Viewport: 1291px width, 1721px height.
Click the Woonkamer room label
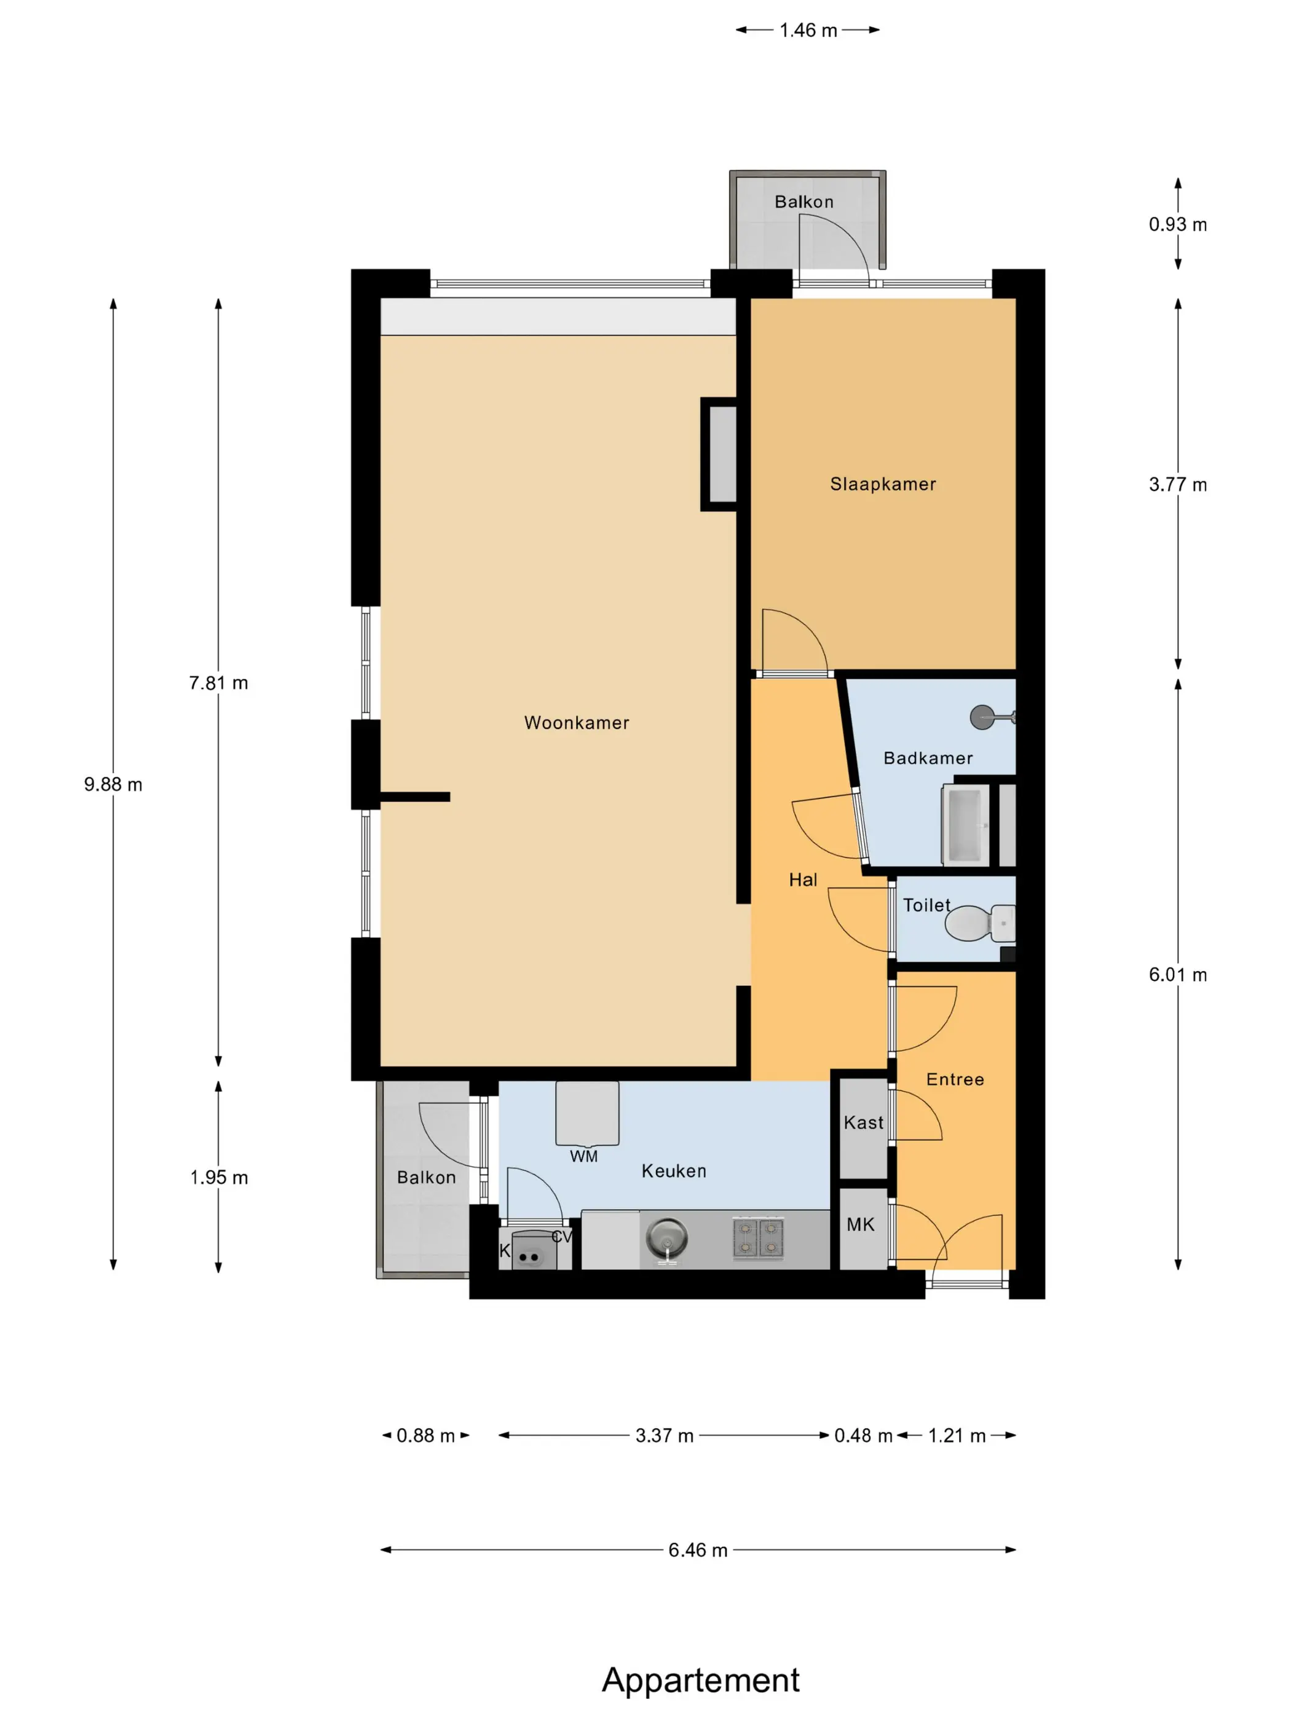click(577, 723)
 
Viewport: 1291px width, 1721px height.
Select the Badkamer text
click(928, 758)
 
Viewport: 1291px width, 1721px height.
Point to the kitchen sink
click(667, 1238)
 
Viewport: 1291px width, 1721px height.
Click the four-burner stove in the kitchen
click(758, 1238)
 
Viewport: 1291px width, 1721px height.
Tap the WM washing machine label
click(583, 1156)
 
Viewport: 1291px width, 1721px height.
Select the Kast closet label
click(864, 1123)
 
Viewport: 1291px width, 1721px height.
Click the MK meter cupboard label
click(861, 1224)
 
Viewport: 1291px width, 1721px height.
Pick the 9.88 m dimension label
click(114, 784)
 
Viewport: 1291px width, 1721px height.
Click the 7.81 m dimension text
click(219, 683)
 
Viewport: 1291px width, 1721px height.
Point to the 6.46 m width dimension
click(698, 1550)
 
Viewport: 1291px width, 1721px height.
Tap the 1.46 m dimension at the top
click(808, 30)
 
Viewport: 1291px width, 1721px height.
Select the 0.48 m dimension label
click(863, 1435)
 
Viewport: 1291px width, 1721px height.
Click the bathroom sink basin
click(965, 825)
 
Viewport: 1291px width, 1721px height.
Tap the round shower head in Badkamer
click(983, 717)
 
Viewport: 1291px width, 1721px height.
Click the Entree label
click(955, 1079)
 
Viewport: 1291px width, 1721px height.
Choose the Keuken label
click(674, 1171)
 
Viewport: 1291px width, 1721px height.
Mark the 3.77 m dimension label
click(1178, 485)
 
